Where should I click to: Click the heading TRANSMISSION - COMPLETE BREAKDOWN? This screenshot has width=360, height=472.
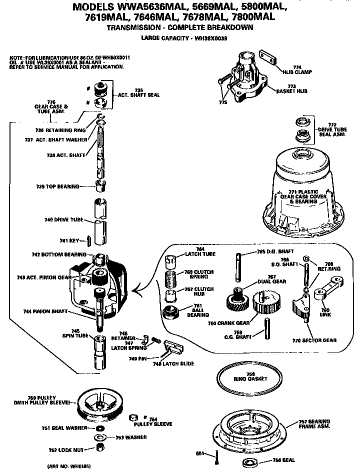(180, 28)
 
